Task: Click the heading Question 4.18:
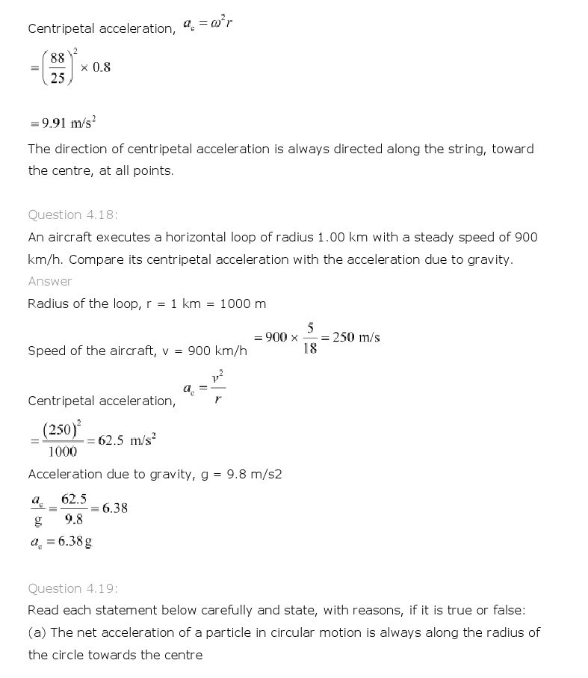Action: (x=72, y=215)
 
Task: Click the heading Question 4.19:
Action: (x=72, y=588)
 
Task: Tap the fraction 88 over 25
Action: (x=58, y=67)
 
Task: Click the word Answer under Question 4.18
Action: (x=50, y=281)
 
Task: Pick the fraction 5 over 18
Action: (x=310, y=337)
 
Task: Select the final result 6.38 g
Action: (x=69, y=542)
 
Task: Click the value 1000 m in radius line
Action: (x=243, y=303)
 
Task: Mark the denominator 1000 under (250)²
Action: (x=62, y=452)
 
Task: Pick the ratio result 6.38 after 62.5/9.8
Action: (x=115, y=508)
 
